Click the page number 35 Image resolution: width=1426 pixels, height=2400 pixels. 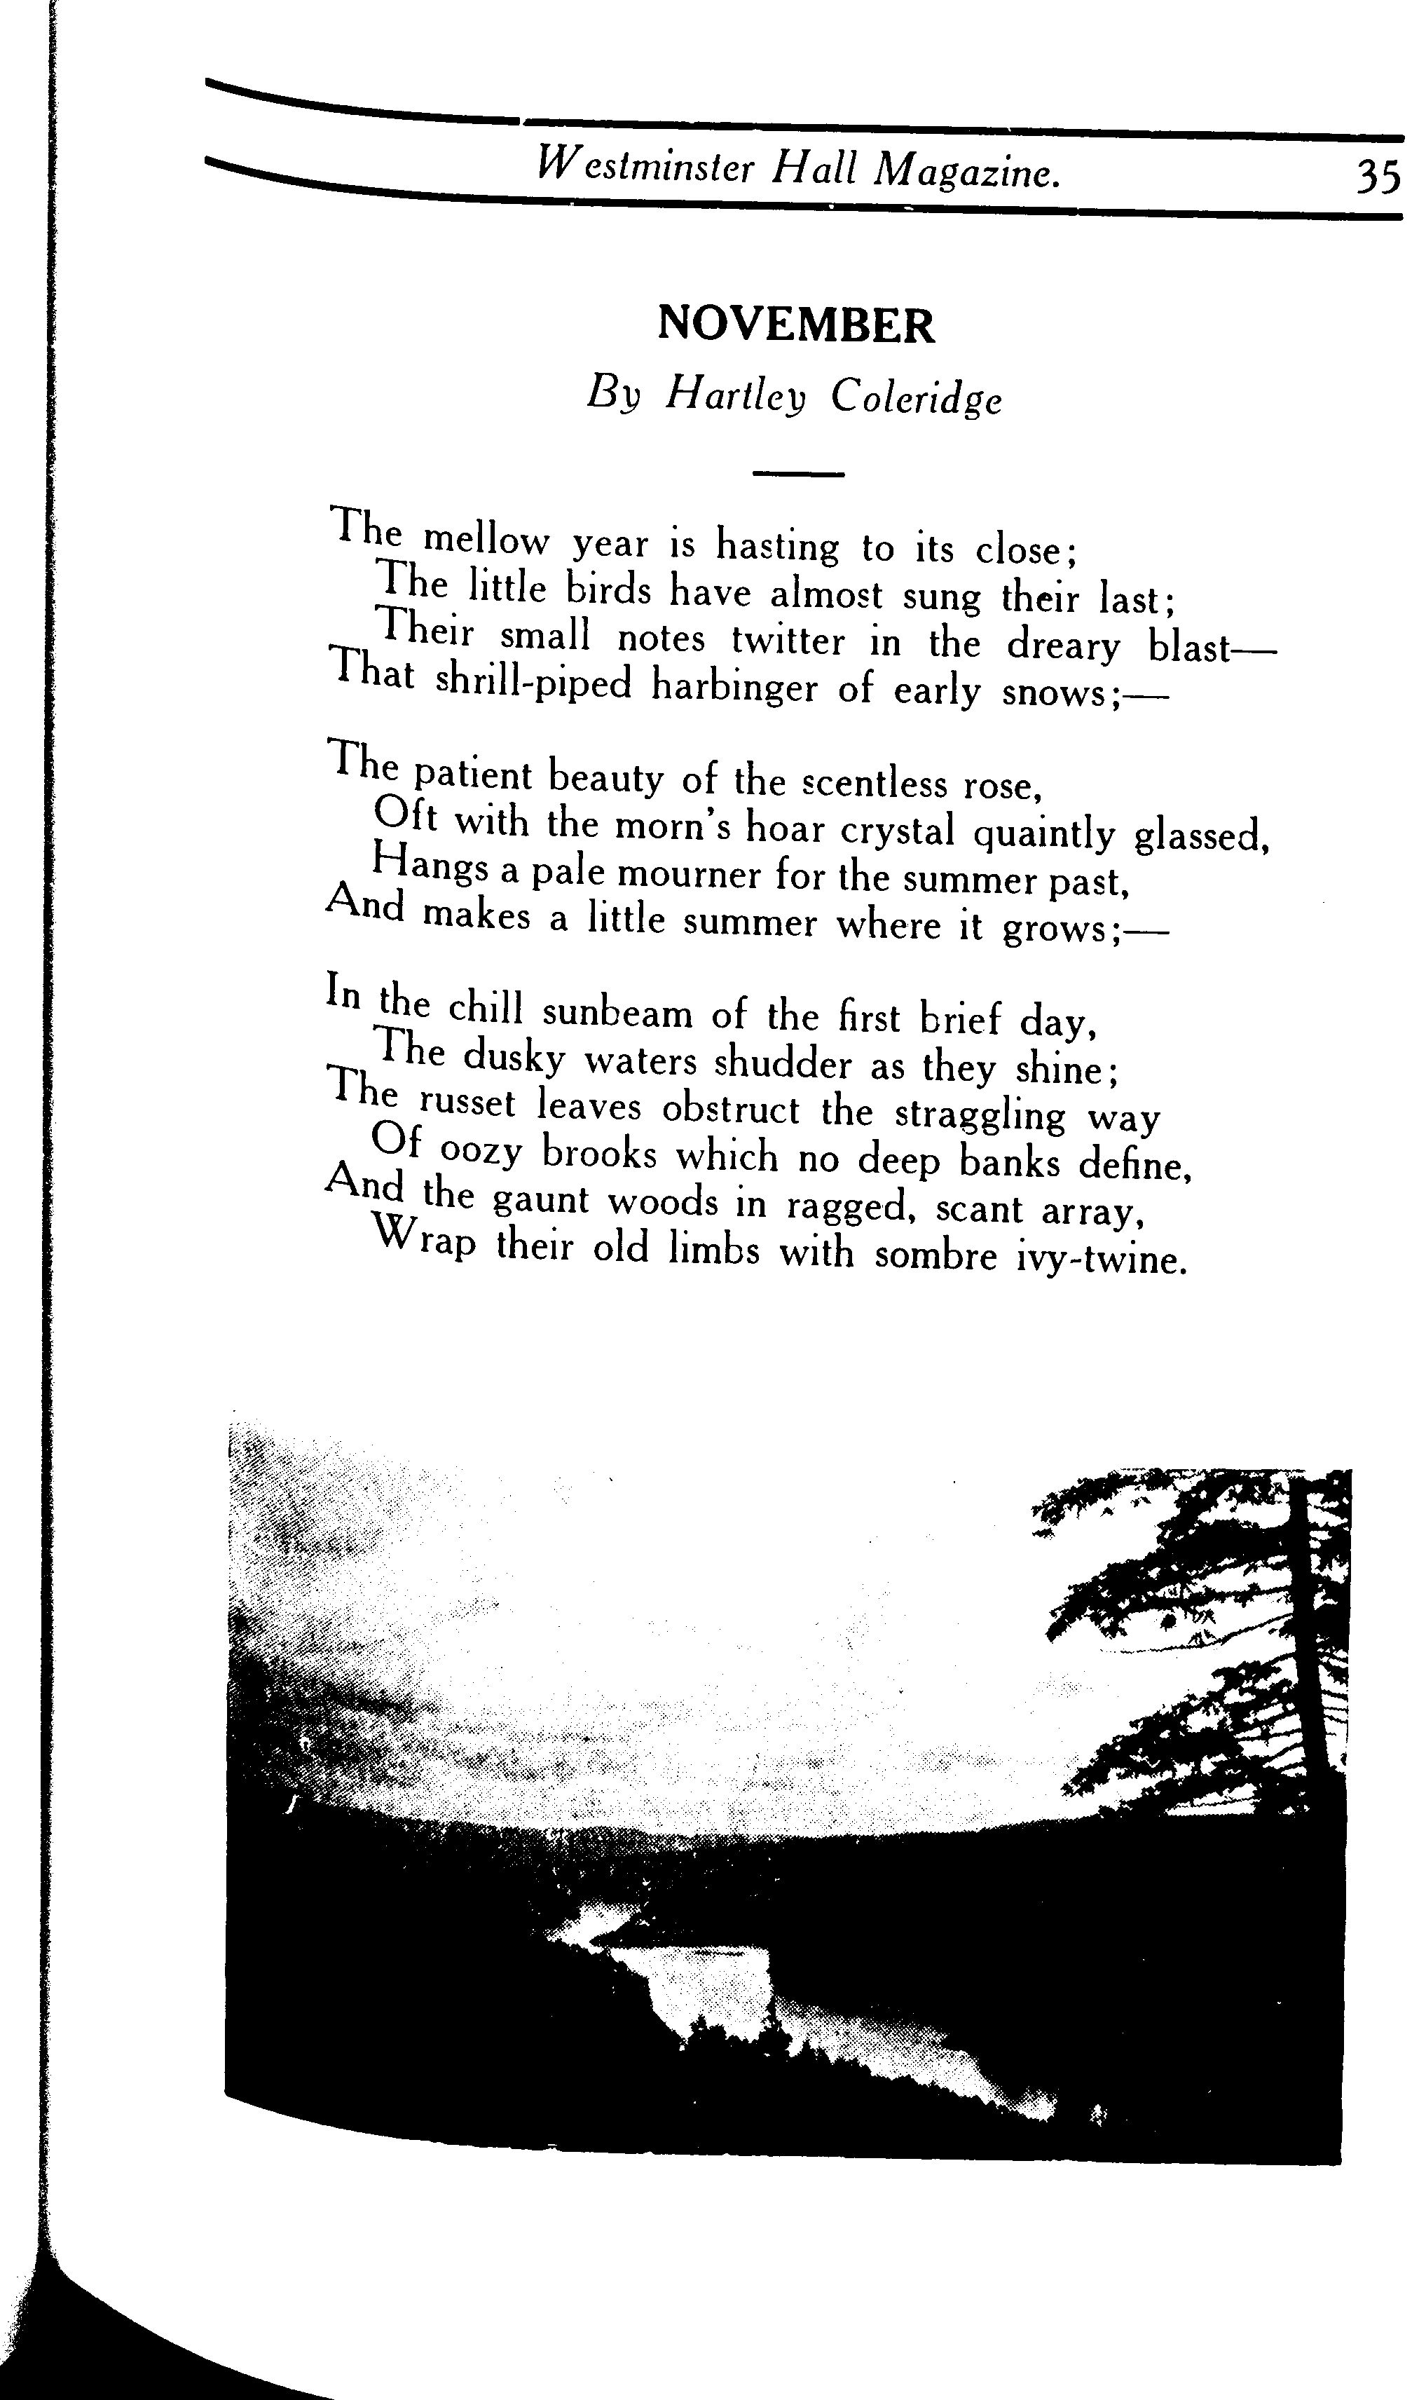click(x=1378, y=178)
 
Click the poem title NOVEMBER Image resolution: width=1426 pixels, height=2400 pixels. click(x=795, y=326)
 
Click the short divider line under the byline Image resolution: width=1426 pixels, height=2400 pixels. click(x=797, y=474)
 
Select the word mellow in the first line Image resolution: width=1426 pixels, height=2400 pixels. click(x=486, y=540)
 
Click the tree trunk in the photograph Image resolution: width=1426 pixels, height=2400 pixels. click(x=1312, y=1624)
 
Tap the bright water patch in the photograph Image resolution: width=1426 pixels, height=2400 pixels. click(x=711, y=1970)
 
